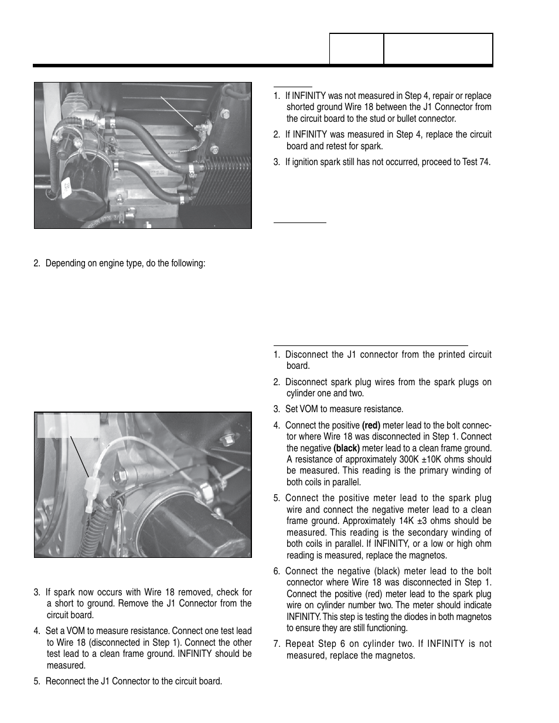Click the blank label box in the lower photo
pyautogui.click(x=68, y=425)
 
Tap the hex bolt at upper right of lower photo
pyautogui.click(x=226, y=439)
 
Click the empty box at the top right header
pyautogui.click(x=438, y=49)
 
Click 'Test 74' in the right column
pyautogui.click(x=476, y=162)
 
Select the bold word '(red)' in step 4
pyautogui.click(x=371, y=426)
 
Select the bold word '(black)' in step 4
pyautogui.click(x=346, y=448)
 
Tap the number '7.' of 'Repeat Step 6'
pyautogui.click(x=277, y=644)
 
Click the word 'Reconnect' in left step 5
pyautogui.click(x=65, y=681)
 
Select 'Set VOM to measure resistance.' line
pyautogui.click(x=344, y=409)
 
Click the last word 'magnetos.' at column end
pyautogui.click(x=396, y=656)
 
